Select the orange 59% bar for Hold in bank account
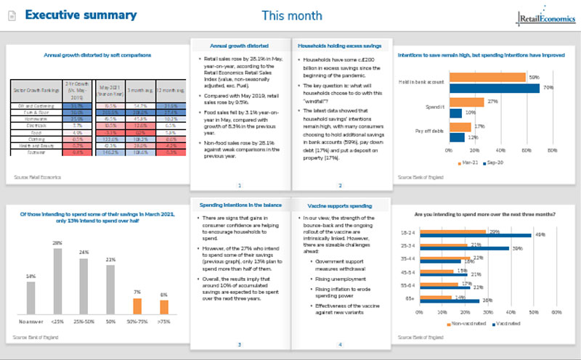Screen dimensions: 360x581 coord(487,77)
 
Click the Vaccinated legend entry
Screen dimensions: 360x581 coord(509,324)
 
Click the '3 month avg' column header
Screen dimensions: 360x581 coord(132,90)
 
